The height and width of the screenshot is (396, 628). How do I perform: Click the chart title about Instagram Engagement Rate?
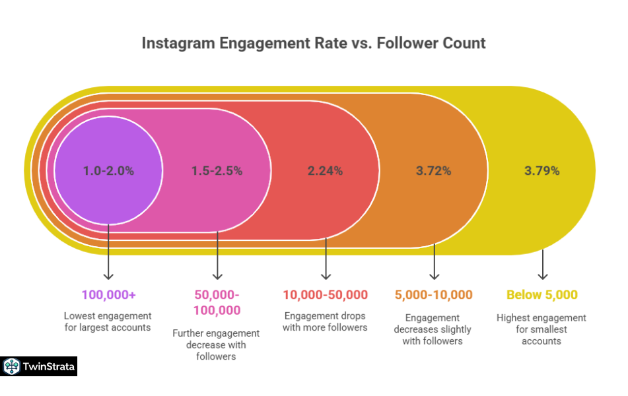click(x=314, y=44)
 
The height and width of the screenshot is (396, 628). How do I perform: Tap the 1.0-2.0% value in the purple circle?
click(x=108, y=170)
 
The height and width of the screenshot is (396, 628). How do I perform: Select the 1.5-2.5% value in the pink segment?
click(x=217, y=170)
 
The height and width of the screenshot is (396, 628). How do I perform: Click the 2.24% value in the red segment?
click(x=325, y=170)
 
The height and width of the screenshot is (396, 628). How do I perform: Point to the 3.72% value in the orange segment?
click(x=434, y=170)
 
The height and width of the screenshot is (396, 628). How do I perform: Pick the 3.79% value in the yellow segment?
click(x=542, y=170)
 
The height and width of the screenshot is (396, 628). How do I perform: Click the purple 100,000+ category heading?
click(x=108, y=294)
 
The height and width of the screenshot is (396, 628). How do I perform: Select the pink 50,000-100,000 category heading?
click(x=217, y=302)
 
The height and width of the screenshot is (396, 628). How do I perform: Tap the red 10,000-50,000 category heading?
click(x=325, y=294)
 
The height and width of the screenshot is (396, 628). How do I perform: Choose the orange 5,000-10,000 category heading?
click(x=434, y=294)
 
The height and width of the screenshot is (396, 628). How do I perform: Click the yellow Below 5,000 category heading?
click(x=542, y=294)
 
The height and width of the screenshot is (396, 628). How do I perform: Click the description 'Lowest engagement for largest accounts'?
click(x=108, y=321)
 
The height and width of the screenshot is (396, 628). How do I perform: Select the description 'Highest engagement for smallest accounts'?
click(x=542, y=329)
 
